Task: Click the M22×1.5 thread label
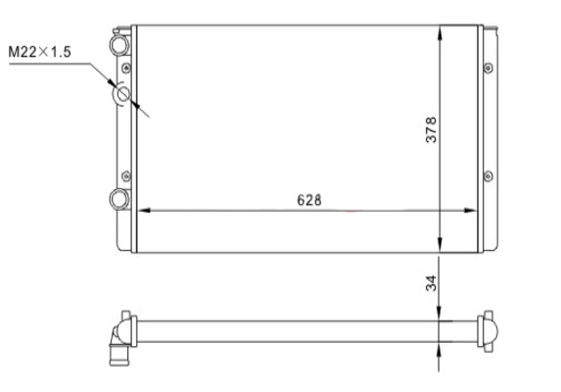[39, 52]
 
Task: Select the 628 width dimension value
[309, 200]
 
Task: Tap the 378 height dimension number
[431, 129]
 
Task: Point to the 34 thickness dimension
[431, 283]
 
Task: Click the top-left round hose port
[119, 45]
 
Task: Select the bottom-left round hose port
[119, 199]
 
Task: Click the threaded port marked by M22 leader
[122, 94]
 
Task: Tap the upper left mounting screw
[126, 68]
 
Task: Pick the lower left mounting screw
[126, 176]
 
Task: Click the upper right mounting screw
[489, 68]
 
